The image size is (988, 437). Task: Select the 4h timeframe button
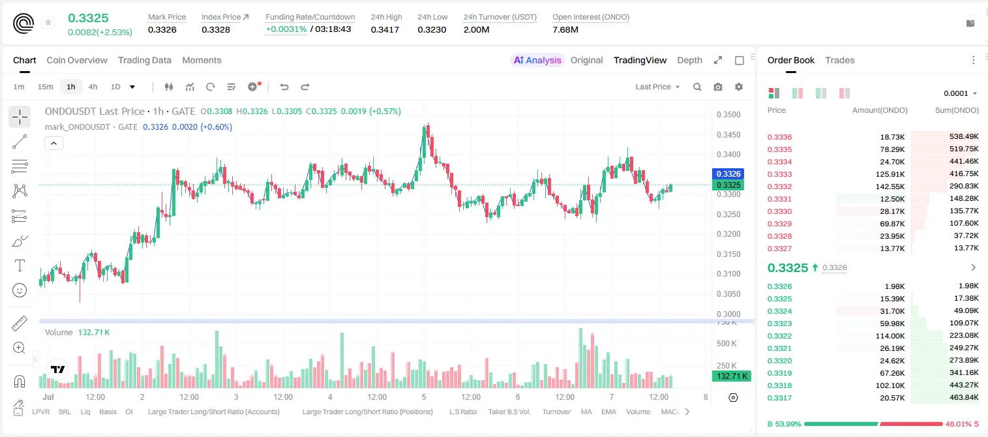pyautogui.click(x=93, y=87)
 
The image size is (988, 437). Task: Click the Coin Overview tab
pyautogui.click(x=77, y=60)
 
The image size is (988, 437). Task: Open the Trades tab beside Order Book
pyautogui.click(x=839, y=60)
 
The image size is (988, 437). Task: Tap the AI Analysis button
pyautogui.click(x=537, y=60)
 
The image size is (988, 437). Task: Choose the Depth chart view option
pyautogui.click(x=689, y=60)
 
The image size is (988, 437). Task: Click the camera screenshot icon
pyautogui.click(x=718, y=87)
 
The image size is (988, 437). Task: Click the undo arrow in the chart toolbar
pyautogui.click(x=284, y=87)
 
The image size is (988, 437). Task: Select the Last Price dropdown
pyautogui.click(x=657, y=87)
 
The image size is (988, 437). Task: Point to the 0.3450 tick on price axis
pyautogui.click(x=728, y=134)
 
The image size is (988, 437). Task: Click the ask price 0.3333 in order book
pyautogui.click(x=779, y=174)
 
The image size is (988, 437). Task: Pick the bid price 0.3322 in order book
pyautogui.click(x=779, y=336)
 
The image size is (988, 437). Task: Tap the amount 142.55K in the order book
pyautogui.click(x=890, y=187)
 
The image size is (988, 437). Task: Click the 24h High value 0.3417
pyautogui.click(x=385, y=29)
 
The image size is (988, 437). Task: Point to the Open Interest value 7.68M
pyautogui.click(x=565, y=29)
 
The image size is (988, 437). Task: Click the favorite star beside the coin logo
pyautogui.click(x=48, y=22)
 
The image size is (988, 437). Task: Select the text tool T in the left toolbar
pyautogui.click(x=20, y=265)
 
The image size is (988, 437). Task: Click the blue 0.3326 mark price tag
pyautogui.click(x=728, y=173)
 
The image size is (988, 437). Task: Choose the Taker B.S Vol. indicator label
pyautogui.click(x=509, y=412)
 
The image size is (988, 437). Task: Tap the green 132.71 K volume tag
pyautogui.click(x=731, y=376)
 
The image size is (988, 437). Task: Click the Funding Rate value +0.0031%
pyautogui.click(x=286, y=29)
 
